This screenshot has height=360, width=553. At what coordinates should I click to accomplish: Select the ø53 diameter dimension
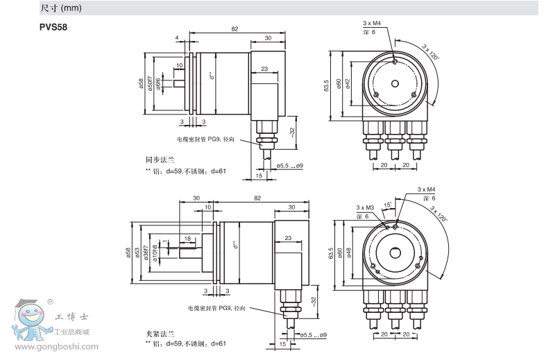[x=137, y=252]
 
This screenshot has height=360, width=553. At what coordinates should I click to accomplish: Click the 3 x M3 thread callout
[x=365, y=207]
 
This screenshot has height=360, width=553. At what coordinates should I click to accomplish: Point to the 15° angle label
[x=388, y=204]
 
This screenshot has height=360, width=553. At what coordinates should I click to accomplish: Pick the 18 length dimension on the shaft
[x=187, y=238]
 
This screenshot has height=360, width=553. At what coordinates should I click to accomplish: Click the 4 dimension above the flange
[x=178, y=37]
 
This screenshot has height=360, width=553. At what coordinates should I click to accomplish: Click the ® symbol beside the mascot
[x=50, y=302]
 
